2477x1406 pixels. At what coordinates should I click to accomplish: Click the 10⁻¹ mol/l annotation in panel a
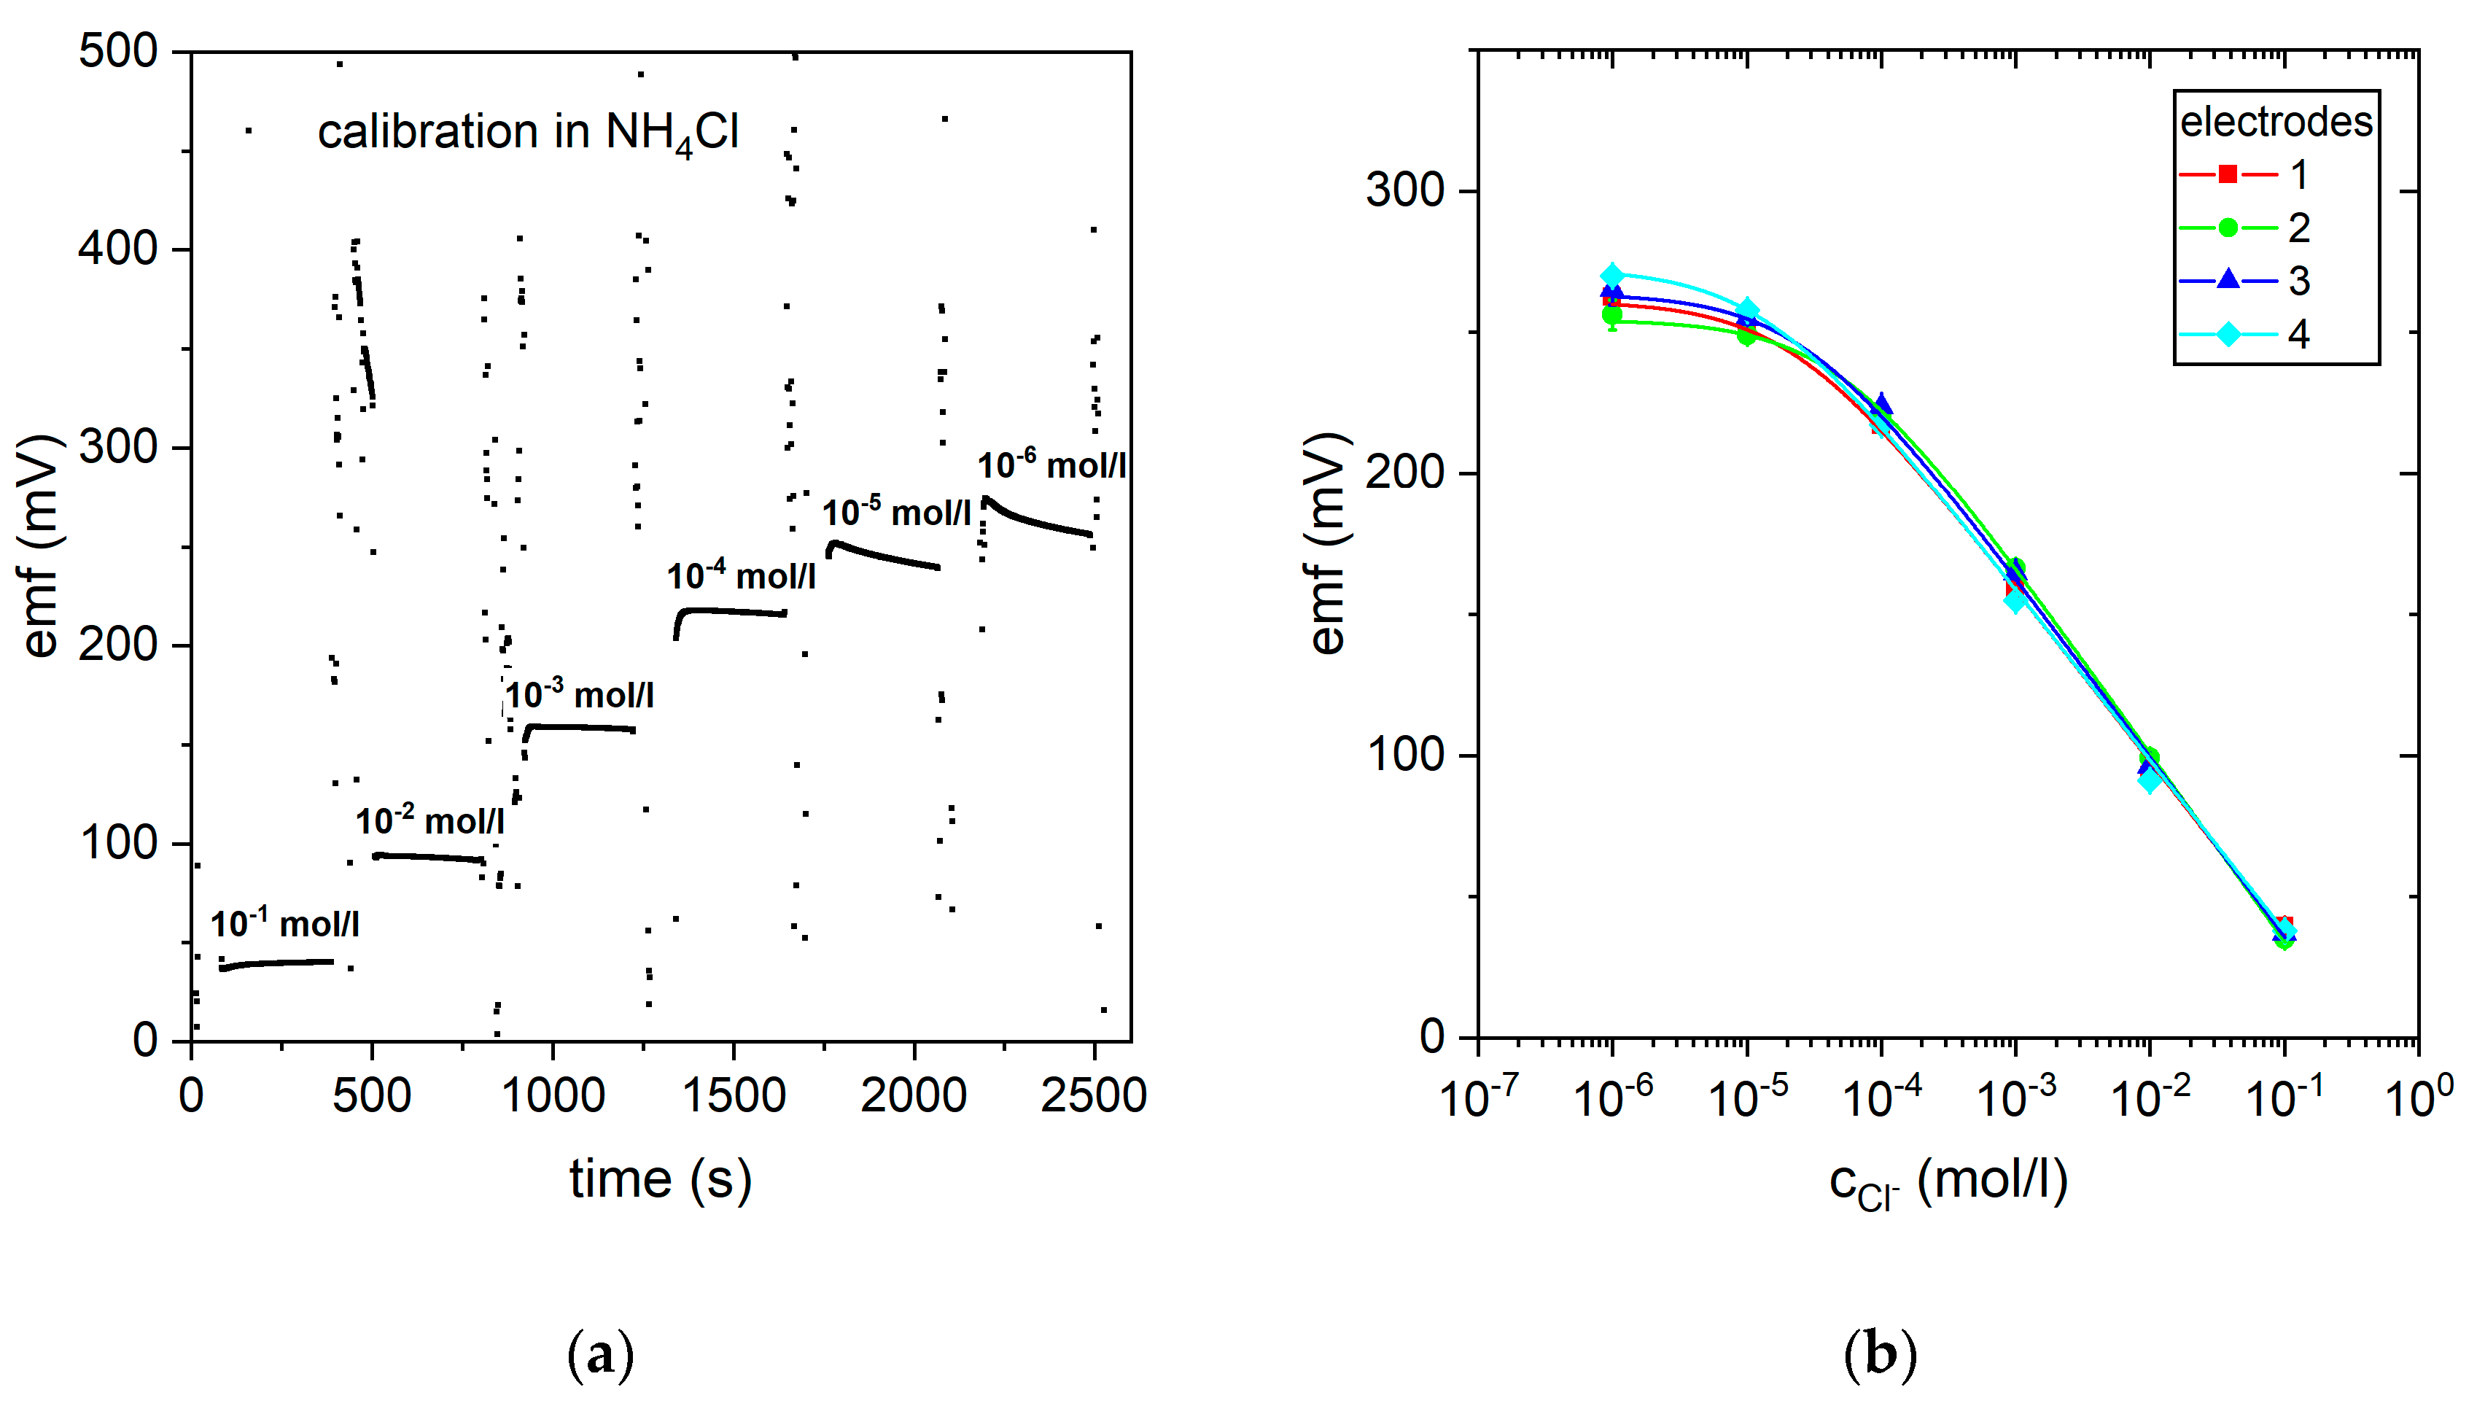point(285,924)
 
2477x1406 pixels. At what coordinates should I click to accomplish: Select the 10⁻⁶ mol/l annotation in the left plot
point(1051,465)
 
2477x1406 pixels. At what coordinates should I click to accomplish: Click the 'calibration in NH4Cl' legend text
point(528,132)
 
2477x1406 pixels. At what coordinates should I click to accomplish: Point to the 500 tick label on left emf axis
point(118,50)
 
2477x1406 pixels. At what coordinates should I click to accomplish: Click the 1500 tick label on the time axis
point(734,1096)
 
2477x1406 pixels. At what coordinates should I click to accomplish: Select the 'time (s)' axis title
point(661,1180)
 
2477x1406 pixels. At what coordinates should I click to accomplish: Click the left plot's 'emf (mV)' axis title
point(41,545)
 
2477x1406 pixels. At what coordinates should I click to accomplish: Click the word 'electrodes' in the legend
point(2275,122)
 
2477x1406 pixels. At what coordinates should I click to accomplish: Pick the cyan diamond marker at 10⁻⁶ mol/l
point(1612,275)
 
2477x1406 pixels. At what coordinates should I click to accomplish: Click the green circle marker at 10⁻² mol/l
point(2149,758)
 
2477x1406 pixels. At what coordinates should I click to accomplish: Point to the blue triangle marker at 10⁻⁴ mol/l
point(1881,404)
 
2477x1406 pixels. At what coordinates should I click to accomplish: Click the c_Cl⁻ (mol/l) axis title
point(1948,1182)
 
